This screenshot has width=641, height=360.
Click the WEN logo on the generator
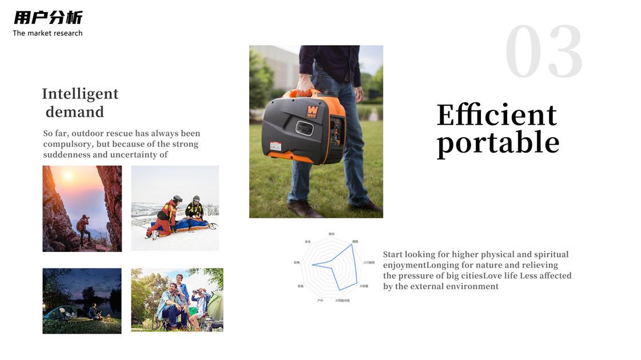tap(312, 110)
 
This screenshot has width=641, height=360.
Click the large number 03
tap(544, 53)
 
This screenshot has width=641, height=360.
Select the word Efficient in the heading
tap(496, 115)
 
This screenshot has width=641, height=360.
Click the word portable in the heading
tap(497, 142)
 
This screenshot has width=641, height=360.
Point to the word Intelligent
tap(80, 94)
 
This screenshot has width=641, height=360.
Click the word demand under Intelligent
tap(75, 111)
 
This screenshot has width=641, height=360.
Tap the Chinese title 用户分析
tap(48, 18)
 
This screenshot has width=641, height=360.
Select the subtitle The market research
tap(47, 33)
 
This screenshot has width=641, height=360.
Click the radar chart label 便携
tap(355, 242)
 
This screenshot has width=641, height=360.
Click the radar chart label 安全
tap(308, 242)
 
